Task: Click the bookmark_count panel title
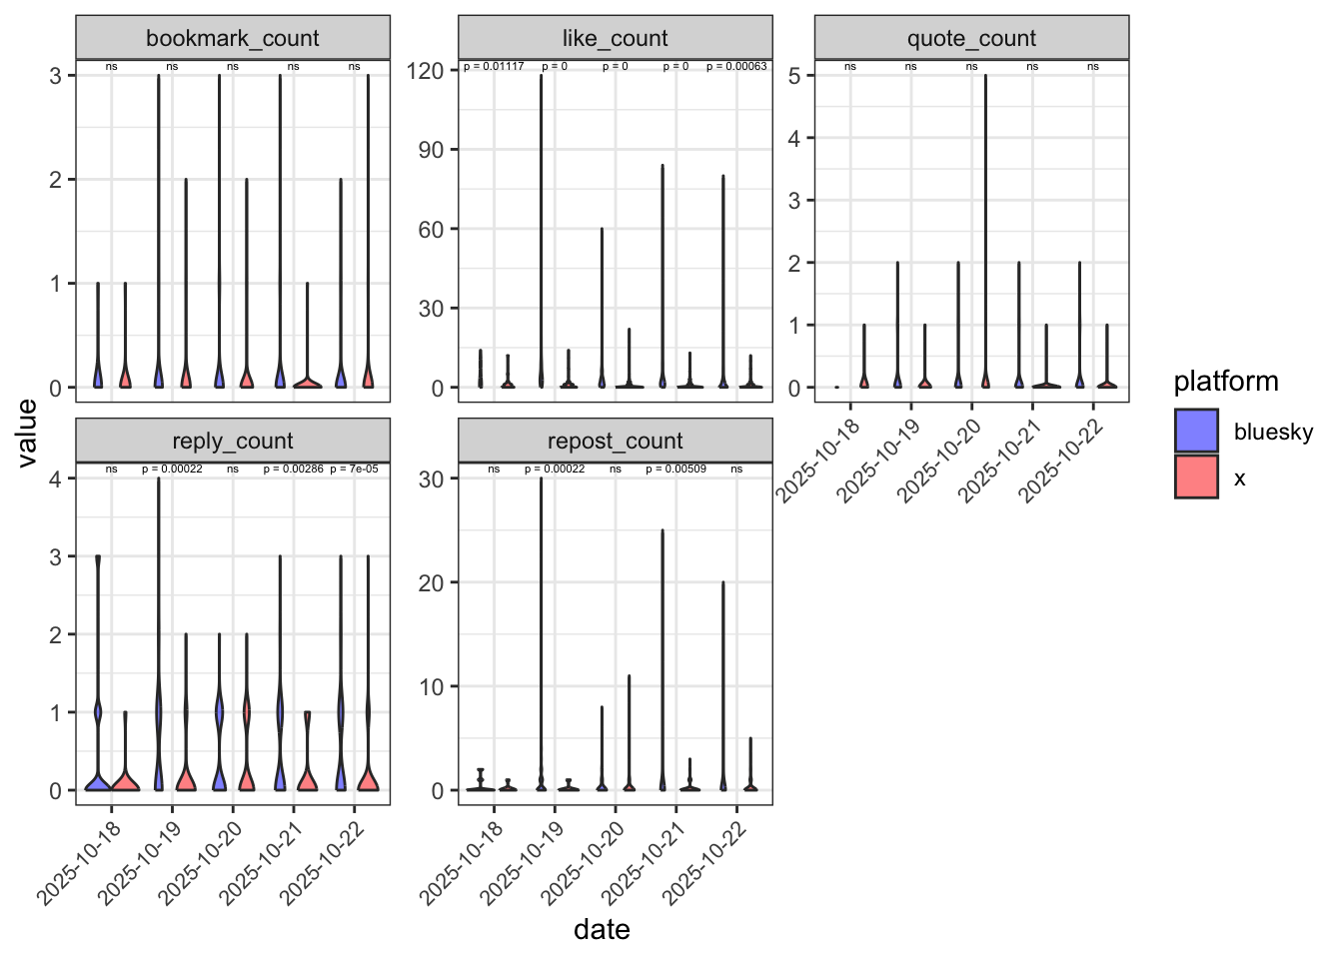tap(233, 39)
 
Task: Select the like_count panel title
tap(615, 39)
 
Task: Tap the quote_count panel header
tap(971, 39)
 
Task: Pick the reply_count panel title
tap(233, 442)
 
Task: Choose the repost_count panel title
tap(615, 442)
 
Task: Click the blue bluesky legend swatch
tap(1196, 432)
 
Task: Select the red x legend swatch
tap(1196, 478)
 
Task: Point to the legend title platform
tap(1225, 382)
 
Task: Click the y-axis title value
tap(27, 433)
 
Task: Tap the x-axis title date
tap(602, 930)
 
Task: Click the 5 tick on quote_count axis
tap(793, 76)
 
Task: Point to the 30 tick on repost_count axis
tap(432, 479)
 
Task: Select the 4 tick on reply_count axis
tap(56, 479)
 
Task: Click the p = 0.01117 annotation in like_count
tap(494, 67)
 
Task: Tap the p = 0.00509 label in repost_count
tap(675, 469)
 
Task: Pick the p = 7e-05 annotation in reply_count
tap(354, 469)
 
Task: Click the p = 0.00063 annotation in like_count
tap(736, 67)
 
